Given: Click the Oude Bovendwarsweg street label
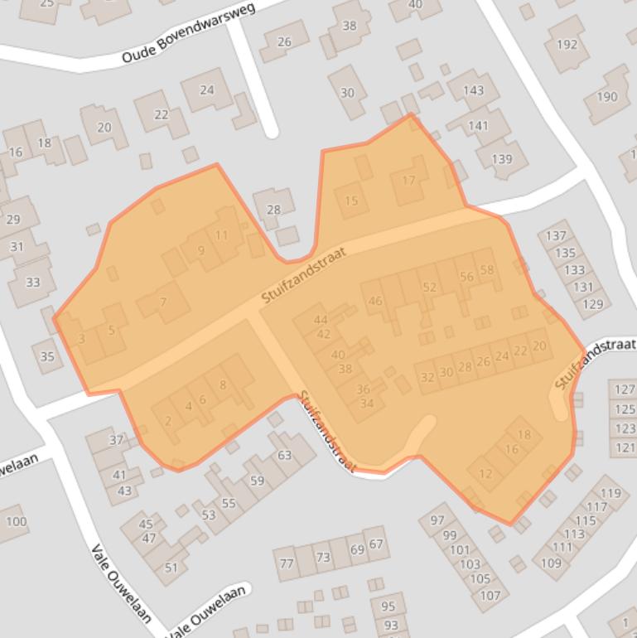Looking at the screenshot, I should coord(188,33).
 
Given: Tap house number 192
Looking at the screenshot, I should coord(567,45).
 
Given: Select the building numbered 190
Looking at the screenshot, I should coord(606,97).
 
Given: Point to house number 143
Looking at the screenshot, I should coord(473,91).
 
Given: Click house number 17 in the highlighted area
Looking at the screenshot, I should coord(408,181).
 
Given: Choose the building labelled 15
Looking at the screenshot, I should coord(351,201).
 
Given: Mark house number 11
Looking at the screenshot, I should coord(221,235).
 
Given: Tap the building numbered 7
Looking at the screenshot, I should coord(163,302).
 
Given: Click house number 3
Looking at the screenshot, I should coord(81,339).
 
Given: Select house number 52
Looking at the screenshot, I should coord(429,288).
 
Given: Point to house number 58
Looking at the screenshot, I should coord(487,270).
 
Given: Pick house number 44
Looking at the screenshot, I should coord(321,320).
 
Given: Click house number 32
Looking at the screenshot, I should coord(427,378).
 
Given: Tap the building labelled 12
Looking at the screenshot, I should coord(485,474).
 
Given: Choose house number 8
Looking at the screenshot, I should coord(223,384).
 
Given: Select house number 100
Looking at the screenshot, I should coord(16,521).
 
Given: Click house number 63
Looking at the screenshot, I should coord(284,455).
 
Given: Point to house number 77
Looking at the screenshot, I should coord(287,563).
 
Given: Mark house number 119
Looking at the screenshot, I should coord(610,494).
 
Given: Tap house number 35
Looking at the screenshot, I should coord(47,357).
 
